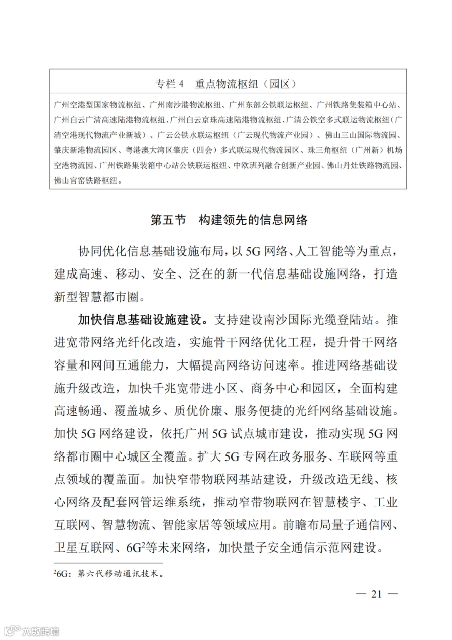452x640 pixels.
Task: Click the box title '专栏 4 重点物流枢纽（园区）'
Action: pos(228,84)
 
